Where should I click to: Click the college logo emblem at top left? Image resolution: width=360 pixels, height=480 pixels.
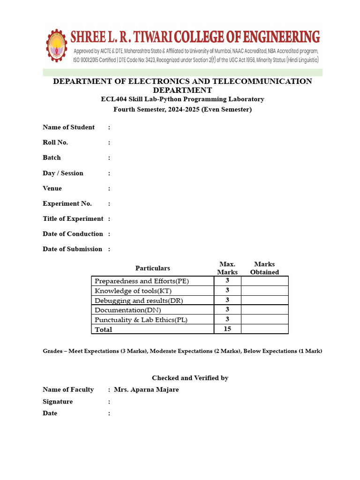tap(57, 45)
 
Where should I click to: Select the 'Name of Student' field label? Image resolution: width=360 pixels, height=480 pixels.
tap(68, 127)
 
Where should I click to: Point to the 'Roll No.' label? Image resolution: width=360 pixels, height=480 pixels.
tap(55, 142)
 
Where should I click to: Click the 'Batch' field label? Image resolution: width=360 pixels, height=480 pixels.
tap(52, 157)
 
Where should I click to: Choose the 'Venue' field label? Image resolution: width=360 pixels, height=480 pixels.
tap(52, 188)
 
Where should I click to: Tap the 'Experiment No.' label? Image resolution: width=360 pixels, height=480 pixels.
tap(67, 203)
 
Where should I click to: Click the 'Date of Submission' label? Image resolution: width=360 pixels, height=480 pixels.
tap(72, 249)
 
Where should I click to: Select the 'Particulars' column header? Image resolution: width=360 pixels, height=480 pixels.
tap(152, 268)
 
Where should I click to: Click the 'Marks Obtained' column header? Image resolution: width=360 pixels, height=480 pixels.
tap(264, 268)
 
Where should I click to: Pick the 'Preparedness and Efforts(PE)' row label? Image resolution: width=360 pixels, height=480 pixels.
tap(142, 281)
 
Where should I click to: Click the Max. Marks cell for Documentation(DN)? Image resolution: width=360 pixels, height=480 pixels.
tap(227, 309)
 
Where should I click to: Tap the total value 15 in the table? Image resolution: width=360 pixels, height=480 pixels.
tap(227, 329)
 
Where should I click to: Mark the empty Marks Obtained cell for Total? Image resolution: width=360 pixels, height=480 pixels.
tap(264, 329)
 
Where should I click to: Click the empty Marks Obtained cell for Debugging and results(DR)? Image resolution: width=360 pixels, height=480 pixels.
tap(264, 300)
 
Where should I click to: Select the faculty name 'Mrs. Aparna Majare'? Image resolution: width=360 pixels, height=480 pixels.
tap(146, 390)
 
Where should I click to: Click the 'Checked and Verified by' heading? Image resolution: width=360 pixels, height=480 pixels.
tap(190, 378)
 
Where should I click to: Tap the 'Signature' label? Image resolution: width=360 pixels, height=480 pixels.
tap(58, 402)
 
